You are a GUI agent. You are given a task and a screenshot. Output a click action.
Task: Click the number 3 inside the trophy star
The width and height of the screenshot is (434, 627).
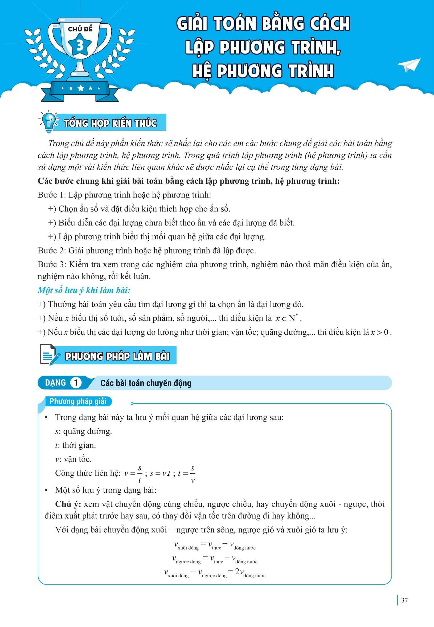click(x=80, y=46)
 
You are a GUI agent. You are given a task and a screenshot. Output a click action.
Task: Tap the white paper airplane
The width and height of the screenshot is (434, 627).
click(x=409, y=65)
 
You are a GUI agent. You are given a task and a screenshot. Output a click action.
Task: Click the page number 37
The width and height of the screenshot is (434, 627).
click(x=404, y=600)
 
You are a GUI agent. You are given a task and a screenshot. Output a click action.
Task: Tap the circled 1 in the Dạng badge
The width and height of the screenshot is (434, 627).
click(x=76, y=383)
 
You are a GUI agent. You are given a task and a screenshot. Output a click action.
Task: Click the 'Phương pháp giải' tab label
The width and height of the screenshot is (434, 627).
click(x=78, y=401)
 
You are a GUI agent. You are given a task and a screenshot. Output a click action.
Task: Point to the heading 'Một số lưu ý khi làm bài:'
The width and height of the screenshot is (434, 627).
click(x=84, y=290)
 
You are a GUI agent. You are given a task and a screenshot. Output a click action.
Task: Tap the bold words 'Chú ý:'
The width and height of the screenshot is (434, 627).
click(x=68, y=504)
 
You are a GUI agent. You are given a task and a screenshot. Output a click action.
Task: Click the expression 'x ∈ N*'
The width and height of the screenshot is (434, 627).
click(x=288, y=318)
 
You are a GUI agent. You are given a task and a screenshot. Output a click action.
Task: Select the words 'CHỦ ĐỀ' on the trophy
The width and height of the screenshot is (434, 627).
click(x=80, y=29)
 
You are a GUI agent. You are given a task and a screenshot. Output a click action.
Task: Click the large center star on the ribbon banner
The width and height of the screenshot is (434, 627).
click(x=81, y=88)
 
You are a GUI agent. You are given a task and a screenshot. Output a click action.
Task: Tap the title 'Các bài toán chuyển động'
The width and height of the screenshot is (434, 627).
click(x=146, y=383)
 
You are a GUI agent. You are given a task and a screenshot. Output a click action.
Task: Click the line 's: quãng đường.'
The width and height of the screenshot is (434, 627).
click(x=84, y=431)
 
